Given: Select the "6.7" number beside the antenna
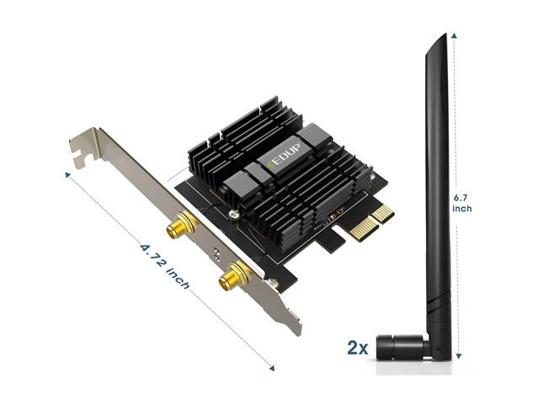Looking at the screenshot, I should point(462,197).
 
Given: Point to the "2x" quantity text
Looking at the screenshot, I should point(357,346).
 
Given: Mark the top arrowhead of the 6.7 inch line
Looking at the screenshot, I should point(456,37).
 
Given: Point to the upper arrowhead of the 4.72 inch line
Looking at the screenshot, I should point(67,175).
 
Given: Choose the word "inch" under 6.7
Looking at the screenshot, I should point(462,209).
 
